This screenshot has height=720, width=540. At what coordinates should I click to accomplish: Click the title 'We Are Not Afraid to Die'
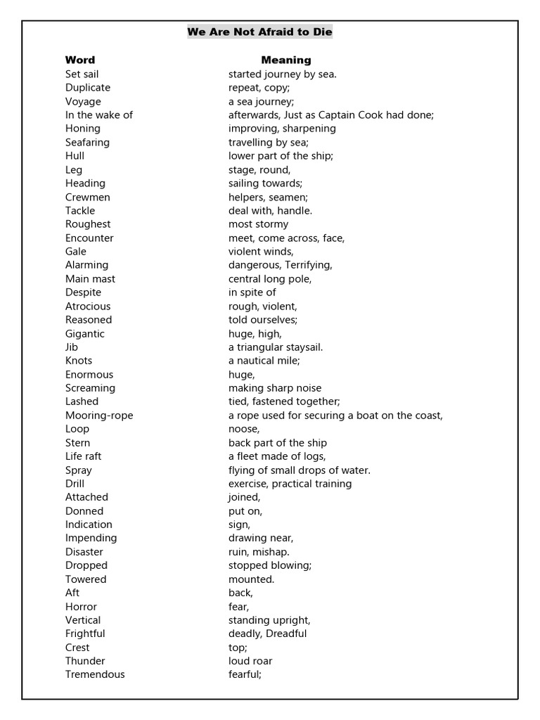click(259, 32)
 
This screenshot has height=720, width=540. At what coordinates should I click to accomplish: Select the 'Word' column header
click(80, 60)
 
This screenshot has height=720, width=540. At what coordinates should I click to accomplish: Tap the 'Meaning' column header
click(286, 60)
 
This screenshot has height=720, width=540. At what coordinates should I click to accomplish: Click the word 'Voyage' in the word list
click(83, 101)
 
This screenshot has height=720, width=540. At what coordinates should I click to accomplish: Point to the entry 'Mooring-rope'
click(99, 415)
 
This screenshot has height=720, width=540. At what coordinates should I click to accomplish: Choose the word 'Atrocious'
click(88, 306)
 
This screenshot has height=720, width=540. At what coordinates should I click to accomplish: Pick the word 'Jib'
click(72, 347)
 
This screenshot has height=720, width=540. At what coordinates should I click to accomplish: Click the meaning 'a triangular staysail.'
click(276, 347)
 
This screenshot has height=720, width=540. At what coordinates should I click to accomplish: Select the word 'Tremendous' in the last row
click(95, 674)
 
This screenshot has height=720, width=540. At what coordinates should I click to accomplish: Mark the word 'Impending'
click(91, 538)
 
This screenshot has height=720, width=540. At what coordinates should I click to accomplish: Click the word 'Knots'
click(79, 361)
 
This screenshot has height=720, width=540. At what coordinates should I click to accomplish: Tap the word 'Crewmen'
click(88, 197)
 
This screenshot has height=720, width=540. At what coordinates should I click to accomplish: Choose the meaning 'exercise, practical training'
click(290, 484)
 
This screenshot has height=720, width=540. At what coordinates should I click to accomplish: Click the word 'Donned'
click(84, 511)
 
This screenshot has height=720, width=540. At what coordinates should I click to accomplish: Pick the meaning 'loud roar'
click(250, 661)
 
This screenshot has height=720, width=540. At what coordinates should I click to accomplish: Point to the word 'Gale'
click(76, 251)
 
